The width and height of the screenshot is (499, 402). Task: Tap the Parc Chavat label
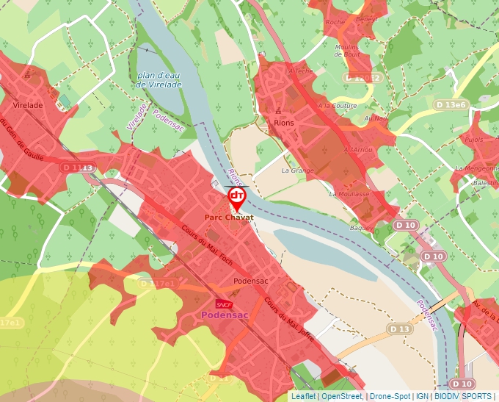[x=228, y=218]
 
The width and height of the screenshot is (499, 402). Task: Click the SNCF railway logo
[x=224, y=304]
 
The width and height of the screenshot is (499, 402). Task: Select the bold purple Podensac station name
[x=225, y=315]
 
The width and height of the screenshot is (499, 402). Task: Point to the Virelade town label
[x=28, y=105]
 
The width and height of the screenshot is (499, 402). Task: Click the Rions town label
[x=283, y=123]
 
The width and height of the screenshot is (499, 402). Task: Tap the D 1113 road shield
[x=78, y=168]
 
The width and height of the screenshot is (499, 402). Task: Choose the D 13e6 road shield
[x=451, y=105]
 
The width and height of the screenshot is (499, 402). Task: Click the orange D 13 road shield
[x=399, y=328]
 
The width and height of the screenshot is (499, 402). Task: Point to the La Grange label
[x=297, y=171]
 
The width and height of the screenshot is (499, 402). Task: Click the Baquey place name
[x=361, y=228]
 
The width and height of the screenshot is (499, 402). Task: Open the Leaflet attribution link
[x=303, y=396]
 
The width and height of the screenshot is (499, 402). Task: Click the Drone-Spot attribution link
[x=390, y=396]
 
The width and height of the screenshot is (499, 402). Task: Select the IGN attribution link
[x=423, y=396]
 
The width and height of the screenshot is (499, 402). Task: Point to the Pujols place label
[x=475, y=139]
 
